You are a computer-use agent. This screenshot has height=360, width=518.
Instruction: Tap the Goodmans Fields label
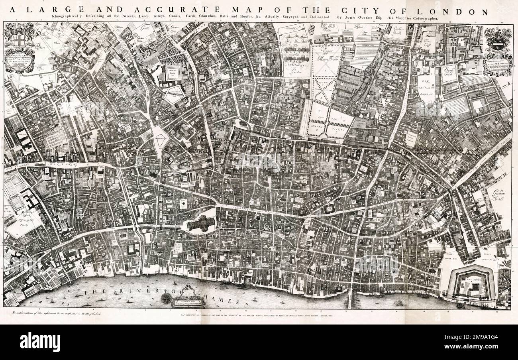[x=498, y=196]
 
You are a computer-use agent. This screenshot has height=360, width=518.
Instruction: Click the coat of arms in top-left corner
[x=18, y=39]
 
